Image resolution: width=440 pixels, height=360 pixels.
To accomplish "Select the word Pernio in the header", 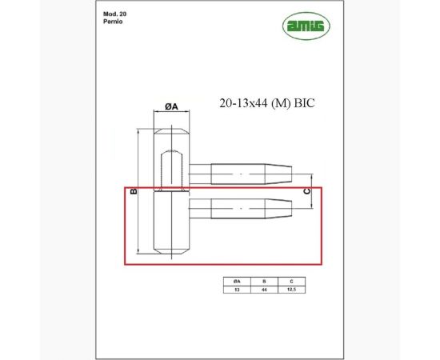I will click(112, 23).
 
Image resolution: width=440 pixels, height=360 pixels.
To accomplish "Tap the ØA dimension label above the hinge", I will click(171, 106).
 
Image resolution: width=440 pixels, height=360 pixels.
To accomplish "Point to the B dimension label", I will click(134, 191).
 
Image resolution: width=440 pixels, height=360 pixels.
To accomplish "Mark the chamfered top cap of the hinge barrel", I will click(171, 132).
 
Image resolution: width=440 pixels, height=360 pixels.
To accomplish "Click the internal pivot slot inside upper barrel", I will click(171, 168).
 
